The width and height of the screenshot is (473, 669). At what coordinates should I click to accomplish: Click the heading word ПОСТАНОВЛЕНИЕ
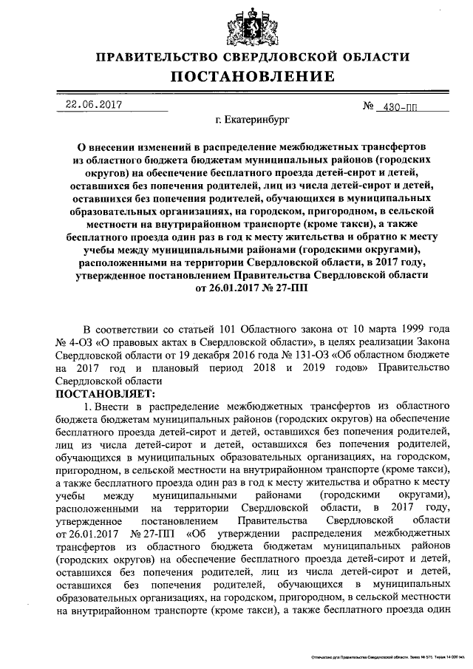tap(249, 77)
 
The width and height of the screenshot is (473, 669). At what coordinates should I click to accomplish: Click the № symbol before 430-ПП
tap(370, 106)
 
